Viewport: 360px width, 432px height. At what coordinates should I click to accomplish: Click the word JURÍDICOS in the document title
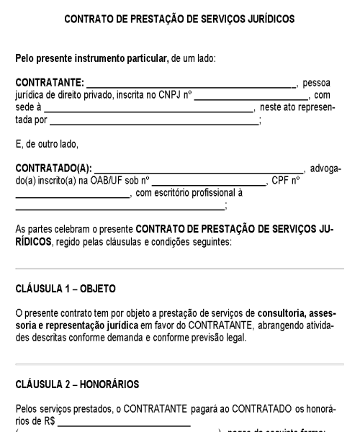266,20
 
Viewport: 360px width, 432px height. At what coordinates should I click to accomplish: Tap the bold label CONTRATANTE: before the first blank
49,84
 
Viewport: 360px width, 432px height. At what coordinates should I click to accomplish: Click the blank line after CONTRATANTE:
190,86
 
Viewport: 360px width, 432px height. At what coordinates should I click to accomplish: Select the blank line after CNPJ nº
250,97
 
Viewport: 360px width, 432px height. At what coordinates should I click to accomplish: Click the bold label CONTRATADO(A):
54,168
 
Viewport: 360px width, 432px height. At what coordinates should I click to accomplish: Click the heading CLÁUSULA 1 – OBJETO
66,289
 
